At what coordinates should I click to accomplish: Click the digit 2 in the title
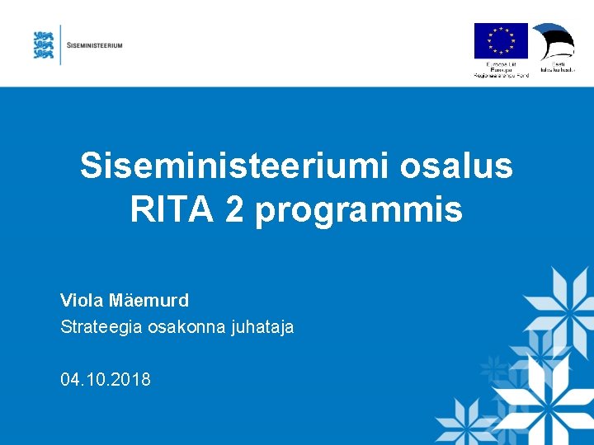tap(234, 209)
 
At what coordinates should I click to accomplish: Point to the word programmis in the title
tap(359, 211)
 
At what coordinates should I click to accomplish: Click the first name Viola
tap(82, 300)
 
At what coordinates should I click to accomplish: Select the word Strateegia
tap(101, 327)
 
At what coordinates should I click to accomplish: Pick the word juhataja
tap(262, 327)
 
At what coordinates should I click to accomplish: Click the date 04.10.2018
tap(106, 380)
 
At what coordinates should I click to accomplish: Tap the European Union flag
tap(500, 41)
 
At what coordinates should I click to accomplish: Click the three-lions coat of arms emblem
tap(44, 44)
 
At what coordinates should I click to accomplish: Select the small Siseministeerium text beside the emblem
tap(94, 45)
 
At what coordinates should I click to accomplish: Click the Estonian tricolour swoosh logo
tap(554, 40)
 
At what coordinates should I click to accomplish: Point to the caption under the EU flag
tap(500, 68)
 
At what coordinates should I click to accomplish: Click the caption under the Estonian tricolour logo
tap(557, 67)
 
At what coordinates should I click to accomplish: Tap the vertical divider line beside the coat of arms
tap(60, 44)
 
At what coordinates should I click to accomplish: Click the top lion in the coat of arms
tap(44, 35)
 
